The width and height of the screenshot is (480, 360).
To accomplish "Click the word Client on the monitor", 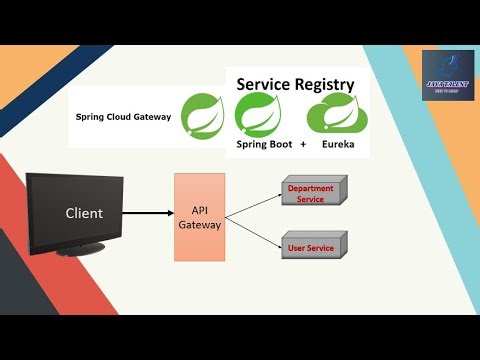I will (x=84, y=213).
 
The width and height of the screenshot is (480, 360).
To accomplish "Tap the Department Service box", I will (x=311, y=193).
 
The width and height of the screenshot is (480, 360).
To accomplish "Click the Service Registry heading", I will (x=295, y=84).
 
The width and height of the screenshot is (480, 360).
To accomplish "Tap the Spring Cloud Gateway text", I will (x=123, y=117).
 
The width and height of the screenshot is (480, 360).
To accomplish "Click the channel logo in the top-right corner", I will (x=447, y=79).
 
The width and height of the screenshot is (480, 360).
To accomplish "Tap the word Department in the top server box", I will (x=311, y=188).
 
